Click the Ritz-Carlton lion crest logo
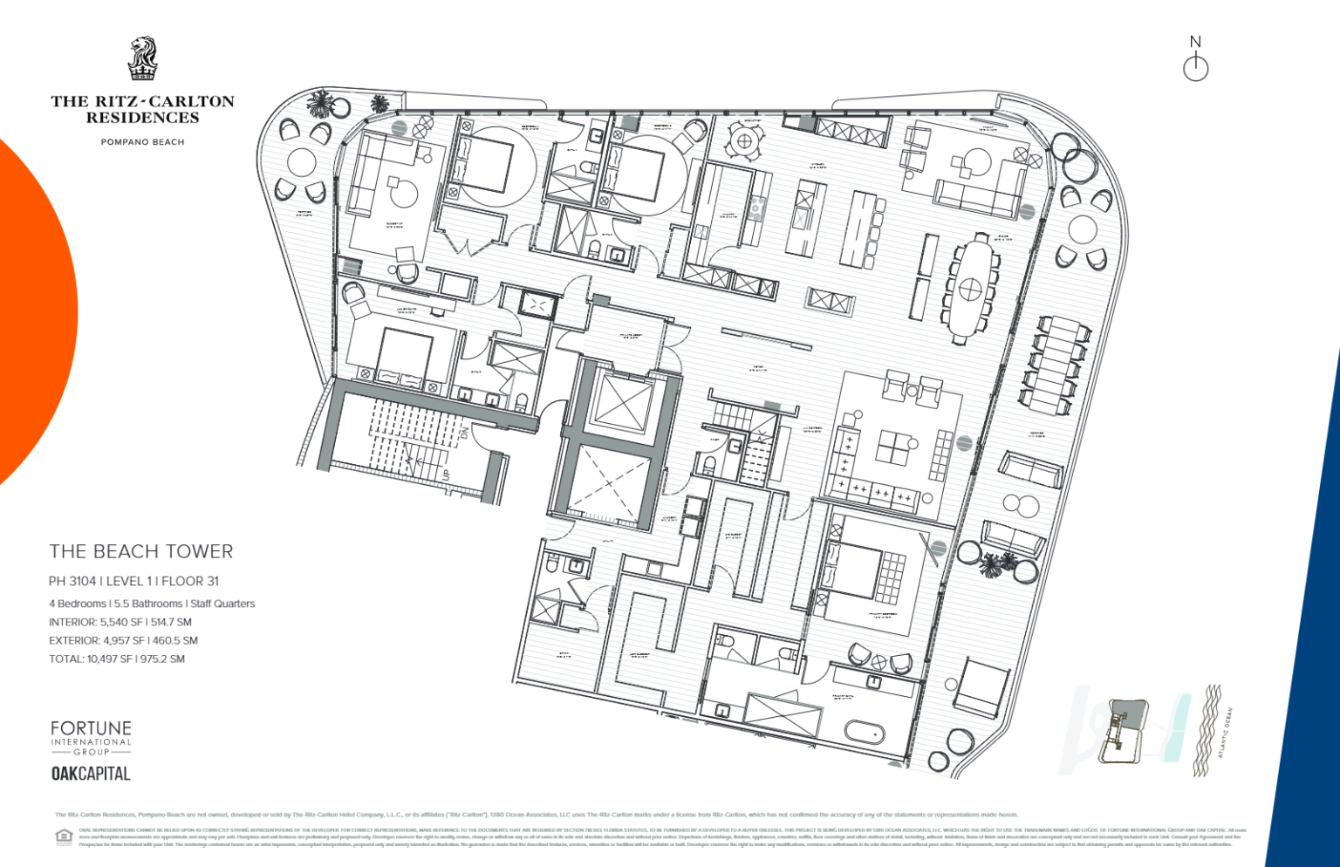pos(142,58)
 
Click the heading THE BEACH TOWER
pos(141,551)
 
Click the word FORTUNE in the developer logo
pos(91,728)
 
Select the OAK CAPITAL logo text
pos(91,774)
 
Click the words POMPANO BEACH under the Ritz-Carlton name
pos(142,141)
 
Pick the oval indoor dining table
pos(969,287)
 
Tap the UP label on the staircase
pos(446,475)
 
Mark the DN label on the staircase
pos(465,433)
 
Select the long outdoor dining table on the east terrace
pos(1056,364)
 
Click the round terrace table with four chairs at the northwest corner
pos(302,162)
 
